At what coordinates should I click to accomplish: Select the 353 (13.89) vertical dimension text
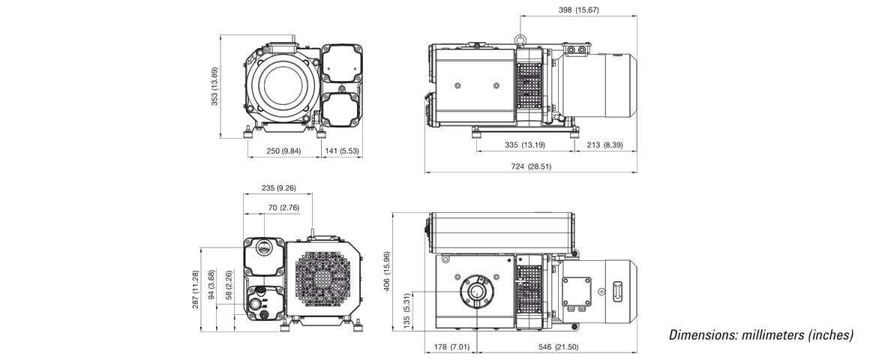214,86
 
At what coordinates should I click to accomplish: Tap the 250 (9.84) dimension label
283,151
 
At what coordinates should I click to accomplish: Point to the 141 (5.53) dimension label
340,151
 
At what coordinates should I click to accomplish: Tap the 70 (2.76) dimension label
283,207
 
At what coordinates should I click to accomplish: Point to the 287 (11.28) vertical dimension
196,289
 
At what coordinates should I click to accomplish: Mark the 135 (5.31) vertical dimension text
406,308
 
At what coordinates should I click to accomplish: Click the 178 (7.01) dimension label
451,347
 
